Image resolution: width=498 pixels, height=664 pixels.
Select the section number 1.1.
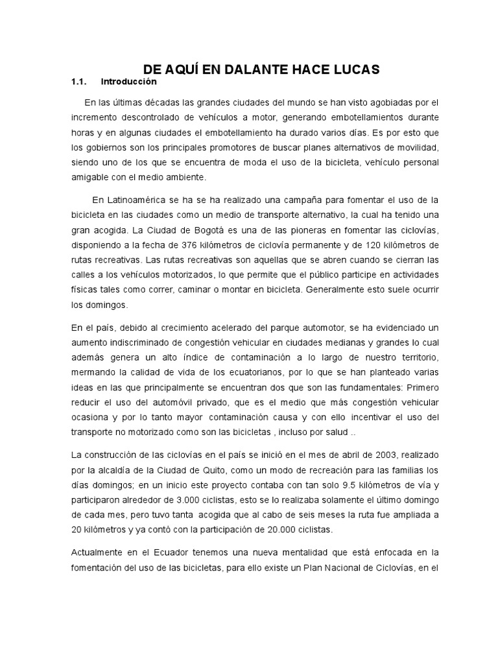point(78,82)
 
